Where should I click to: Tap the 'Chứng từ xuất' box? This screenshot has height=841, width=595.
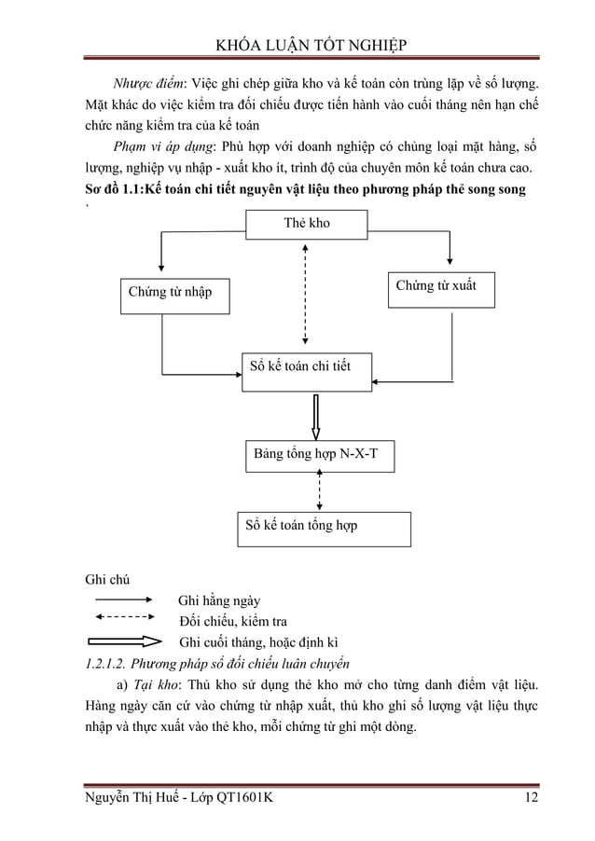[439, 288]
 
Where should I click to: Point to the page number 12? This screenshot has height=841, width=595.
[530, 798]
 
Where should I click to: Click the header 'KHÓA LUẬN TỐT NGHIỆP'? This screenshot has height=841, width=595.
[307, 46]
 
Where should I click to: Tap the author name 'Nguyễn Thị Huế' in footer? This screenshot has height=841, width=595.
[133, 798]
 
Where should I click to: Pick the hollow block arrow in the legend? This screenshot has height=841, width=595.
[125, 641]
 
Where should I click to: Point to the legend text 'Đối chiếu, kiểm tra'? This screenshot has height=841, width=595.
[232, 621]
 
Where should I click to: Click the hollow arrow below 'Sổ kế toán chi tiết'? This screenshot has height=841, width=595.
[316, 416]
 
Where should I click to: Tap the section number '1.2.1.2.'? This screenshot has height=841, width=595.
[99, 664]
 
